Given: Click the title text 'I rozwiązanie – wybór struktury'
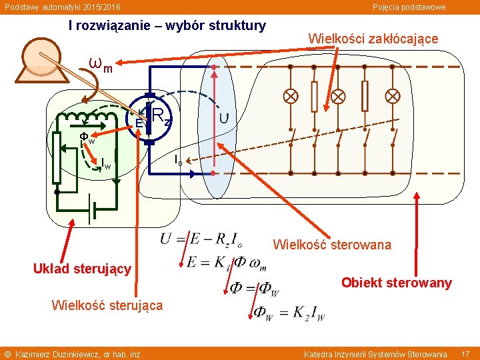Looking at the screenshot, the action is click(167, 25).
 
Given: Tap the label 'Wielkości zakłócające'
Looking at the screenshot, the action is click(373, 39).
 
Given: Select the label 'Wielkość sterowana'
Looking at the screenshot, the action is click(332, 245).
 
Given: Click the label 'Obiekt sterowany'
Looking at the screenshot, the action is click(397, 283).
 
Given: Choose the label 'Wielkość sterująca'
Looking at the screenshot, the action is click(107, 305).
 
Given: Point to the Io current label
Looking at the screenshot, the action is click(178, 160).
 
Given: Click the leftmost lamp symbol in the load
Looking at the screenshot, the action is click(291, 96).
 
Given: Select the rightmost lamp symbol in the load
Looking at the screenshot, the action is click(393, 96).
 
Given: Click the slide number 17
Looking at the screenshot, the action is click(465, 353).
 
